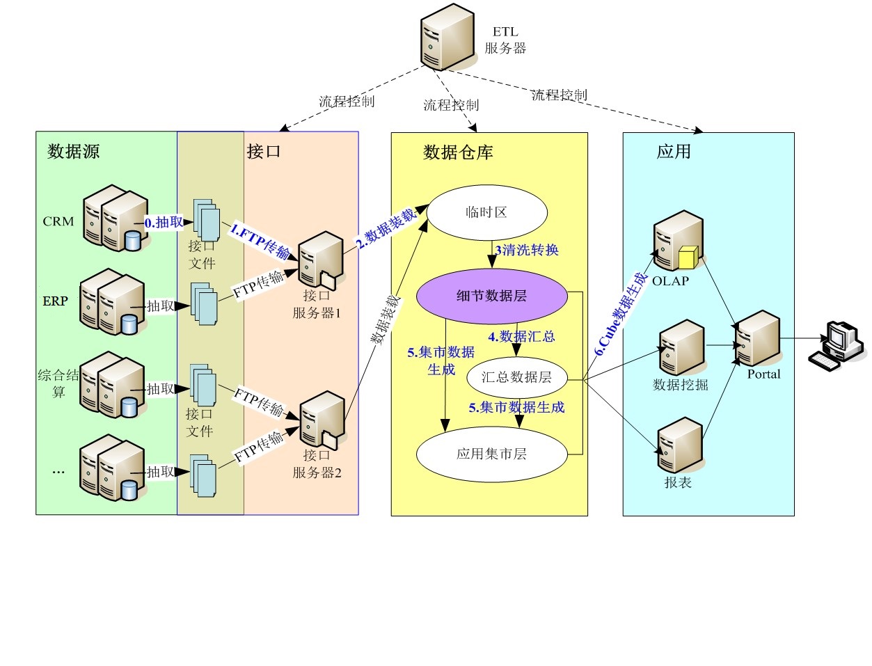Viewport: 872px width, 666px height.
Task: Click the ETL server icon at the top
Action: click(x=447, y=37)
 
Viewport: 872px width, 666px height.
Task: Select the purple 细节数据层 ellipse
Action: click(x=492, y=296)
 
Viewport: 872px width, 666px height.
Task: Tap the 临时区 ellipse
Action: click(x=486, y=212)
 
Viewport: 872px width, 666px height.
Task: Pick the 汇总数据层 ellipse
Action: click(x=516, y=377)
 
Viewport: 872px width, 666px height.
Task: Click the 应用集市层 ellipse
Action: click(x=491, y=454)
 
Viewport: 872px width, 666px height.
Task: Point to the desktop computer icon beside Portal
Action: click(x=837, y=345)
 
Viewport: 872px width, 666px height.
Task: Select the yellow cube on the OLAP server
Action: click(x=687, y=257)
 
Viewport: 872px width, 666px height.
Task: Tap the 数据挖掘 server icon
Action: click(x=682, y=348)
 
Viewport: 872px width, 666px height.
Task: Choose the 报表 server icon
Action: click(x=680, y=445)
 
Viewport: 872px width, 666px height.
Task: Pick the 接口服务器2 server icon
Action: click(x=322, y=420)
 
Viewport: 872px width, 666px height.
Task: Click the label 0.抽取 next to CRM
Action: click(x=164, y=223)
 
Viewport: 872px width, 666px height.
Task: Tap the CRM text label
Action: click(x=58, y=221)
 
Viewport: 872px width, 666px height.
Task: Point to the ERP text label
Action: click(x=56, y=301)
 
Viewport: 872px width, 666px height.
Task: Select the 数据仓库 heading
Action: click(x=458, y=152)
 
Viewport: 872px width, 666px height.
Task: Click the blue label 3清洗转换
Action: click(x=527, y=250)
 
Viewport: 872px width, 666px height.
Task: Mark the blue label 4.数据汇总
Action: click(x=521, y=337)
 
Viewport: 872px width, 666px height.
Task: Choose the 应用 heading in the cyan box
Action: click(x=674, y=152)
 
